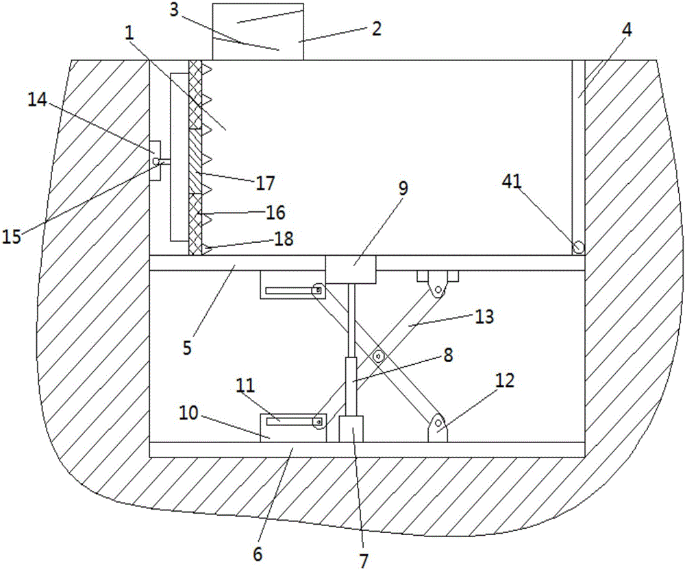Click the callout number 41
(512, 181)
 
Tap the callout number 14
(37, 100)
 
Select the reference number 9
(403, 188)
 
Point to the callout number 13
(484, 317)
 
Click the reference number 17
(264, 183)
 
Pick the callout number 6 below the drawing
(258, 554)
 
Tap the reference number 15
(12, 237)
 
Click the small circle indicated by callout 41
(578, 247)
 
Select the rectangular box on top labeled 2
(258, 32)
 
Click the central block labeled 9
(350, 270)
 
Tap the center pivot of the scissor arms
(378, 357)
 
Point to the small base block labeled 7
(351, 429)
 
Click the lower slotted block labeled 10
(293, 428)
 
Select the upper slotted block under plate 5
(293, 285)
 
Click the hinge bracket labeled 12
(437, 428)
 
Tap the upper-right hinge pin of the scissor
(438, 289)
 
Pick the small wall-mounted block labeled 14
(155, 161)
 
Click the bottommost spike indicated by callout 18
(207, 250)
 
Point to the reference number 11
(245, 386)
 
